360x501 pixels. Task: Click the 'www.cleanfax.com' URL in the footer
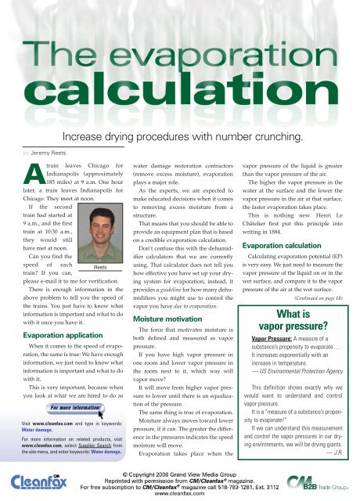[179, 493]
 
